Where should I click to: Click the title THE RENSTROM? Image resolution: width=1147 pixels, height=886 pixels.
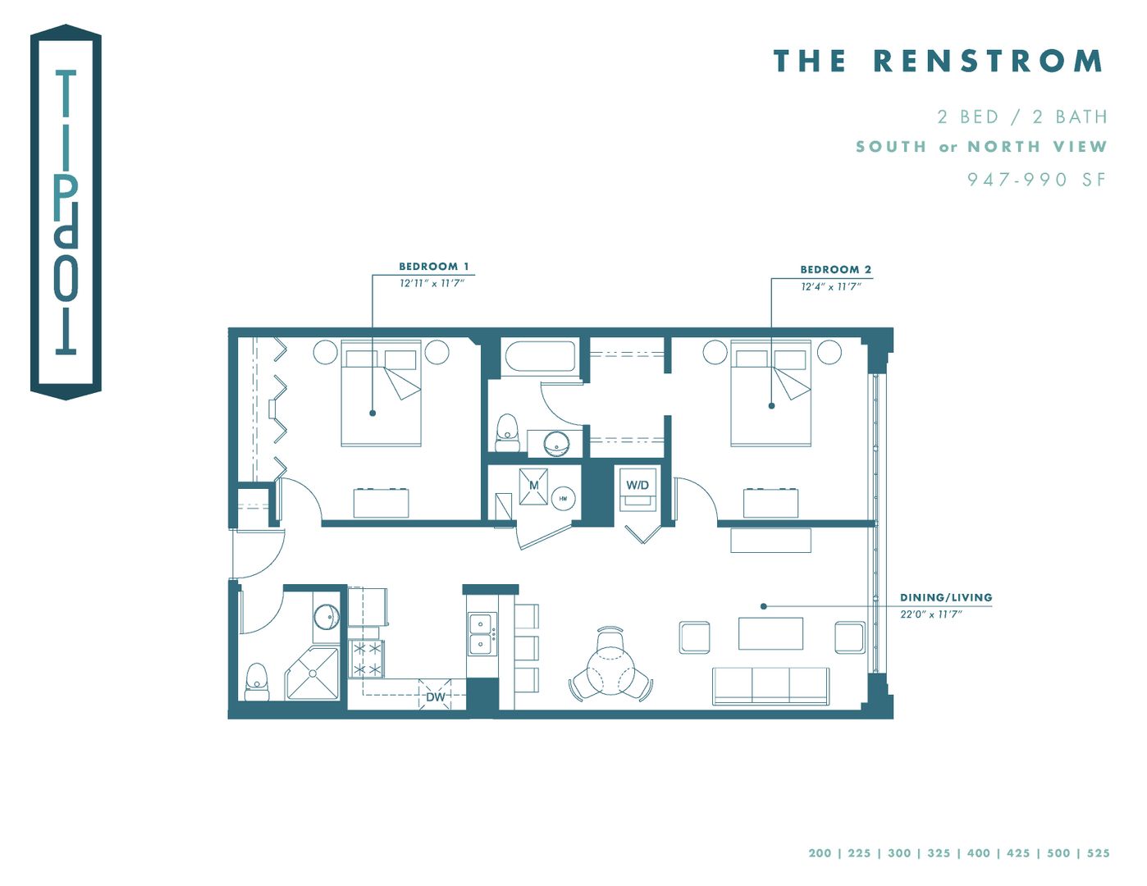pos(938,61)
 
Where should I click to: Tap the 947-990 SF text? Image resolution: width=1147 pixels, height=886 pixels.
pos(1036,180)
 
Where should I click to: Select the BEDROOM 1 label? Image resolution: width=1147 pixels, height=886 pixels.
pos(433,267)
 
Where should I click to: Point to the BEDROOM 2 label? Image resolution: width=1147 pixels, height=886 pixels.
pos(835,269)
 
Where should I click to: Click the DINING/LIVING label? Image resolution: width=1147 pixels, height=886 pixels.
pos(945,597)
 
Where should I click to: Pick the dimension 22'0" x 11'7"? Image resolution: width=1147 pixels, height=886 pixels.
pos(930,614)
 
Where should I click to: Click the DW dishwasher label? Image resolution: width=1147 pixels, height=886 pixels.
pos(435,697)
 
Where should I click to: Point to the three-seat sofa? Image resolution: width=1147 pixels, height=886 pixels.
pos(770,686)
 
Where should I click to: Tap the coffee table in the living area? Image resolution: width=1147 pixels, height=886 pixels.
pos(770,633)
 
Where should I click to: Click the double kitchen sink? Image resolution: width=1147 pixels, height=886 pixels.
pos(481,633)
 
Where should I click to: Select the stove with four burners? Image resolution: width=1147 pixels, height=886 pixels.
pos(367,659)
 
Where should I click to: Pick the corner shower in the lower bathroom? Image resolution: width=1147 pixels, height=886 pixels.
pos(313,674)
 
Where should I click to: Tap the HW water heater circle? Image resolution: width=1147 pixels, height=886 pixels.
pos(563,498)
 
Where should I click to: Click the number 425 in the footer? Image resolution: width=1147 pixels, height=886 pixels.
pos(1017,853)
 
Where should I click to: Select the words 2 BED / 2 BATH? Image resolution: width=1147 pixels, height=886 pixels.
pos(1021,117)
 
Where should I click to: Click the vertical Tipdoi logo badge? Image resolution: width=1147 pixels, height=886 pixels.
pos(66,212)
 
